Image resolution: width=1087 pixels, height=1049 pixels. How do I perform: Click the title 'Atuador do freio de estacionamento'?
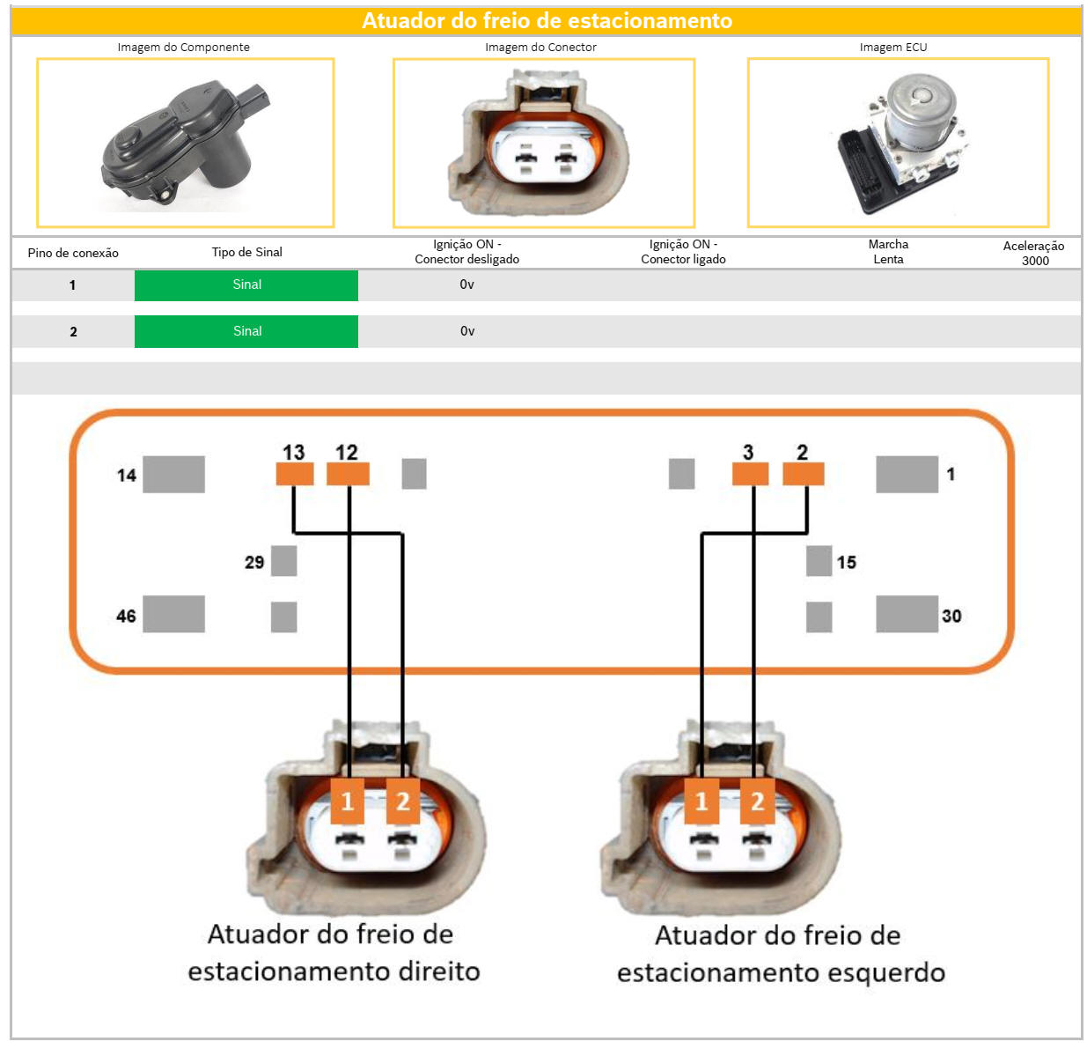pos(547,20)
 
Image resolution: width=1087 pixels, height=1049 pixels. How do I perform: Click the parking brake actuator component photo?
pos(186,144)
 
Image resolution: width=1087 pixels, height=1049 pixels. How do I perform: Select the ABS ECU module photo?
pos(898,144)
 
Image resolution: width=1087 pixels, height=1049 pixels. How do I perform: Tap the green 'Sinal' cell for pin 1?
pos(246,285)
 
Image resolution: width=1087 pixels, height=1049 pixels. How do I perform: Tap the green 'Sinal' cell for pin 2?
pos(246,331)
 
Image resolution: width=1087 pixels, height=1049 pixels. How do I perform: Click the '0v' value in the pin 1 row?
pos(466,285)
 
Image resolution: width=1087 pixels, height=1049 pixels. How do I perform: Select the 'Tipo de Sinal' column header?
pos(246,252)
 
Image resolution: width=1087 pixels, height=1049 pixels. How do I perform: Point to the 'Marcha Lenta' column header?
pos(888,252)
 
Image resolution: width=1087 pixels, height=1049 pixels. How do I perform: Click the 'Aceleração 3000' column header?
pos(1034,253)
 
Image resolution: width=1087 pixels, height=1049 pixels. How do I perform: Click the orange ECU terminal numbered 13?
pos(294,474)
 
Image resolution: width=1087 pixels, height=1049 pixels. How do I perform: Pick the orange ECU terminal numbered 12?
pos(348,474)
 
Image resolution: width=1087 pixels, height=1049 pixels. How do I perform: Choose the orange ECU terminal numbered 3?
pos(750,474)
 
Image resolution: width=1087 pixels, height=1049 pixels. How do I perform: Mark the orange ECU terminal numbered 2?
pos(803,474)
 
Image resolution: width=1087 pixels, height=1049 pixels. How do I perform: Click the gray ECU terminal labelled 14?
pos(173,474)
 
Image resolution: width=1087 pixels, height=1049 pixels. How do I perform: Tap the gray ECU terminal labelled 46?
pos(173,614)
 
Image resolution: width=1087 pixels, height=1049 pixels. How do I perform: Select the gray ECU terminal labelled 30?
pos(907,614)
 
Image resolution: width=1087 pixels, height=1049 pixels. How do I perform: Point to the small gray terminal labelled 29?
pos(283,561)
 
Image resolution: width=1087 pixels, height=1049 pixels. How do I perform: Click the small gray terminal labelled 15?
pos(819,561)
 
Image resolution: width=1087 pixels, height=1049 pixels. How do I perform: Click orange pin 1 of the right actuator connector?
pos(348,801)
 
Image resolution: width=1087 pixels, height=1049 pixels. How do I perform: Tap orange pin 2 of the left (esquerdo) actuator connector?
pos(756,801)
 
